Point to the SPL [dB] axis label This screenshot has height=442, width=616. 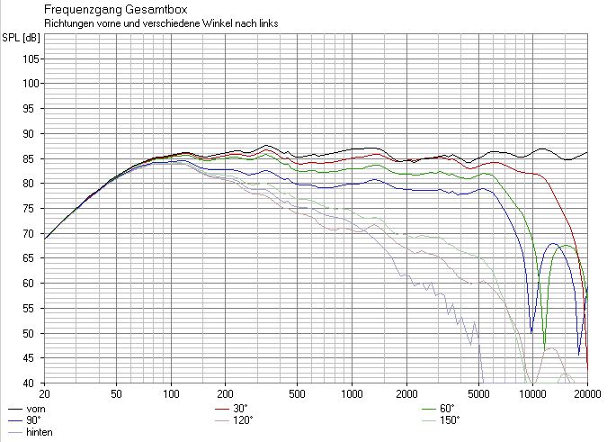(21, 37)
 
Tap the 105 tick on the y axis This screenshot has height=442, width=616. (31, 59)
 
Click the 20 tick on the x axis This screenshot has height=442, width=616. (44, 394)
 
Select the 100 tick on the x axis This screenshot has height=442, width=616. (171, 394)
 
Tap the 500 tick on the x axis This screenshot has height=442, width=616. (298, 394)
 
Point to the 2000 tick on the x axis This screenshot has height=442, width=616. (406, 394)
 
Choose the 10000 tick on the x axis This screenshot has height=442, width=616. (532, 394)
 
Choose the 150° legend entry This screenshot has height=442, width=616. (449, 419)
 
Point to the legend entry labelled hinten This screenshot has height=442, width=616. (40, 432)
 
